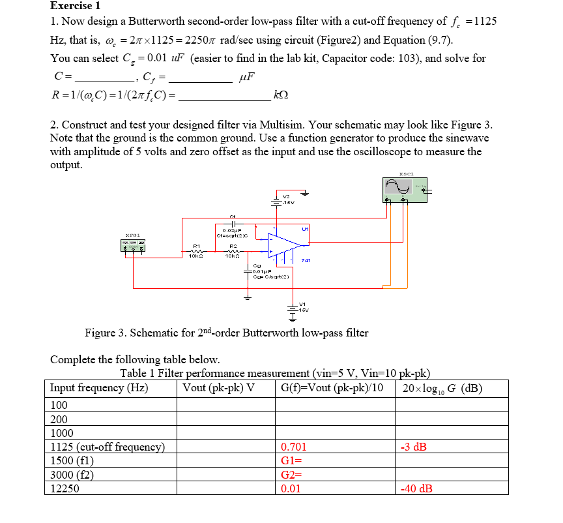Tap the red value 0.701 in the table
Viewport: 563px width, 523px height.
(293, 447)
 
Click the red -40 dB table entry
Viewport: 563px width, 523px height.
(416, 488)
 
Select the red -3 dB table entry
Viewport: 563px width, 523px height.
(414, 447)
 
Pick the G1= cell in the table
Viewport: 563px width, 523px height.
(290, 461)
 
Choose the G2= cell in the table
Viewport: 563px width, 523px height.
(290, 475)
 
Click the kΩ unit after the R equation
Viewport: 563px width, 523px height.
(281, 95)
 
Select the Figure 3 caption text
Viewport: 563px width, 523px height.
(226, 333)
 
